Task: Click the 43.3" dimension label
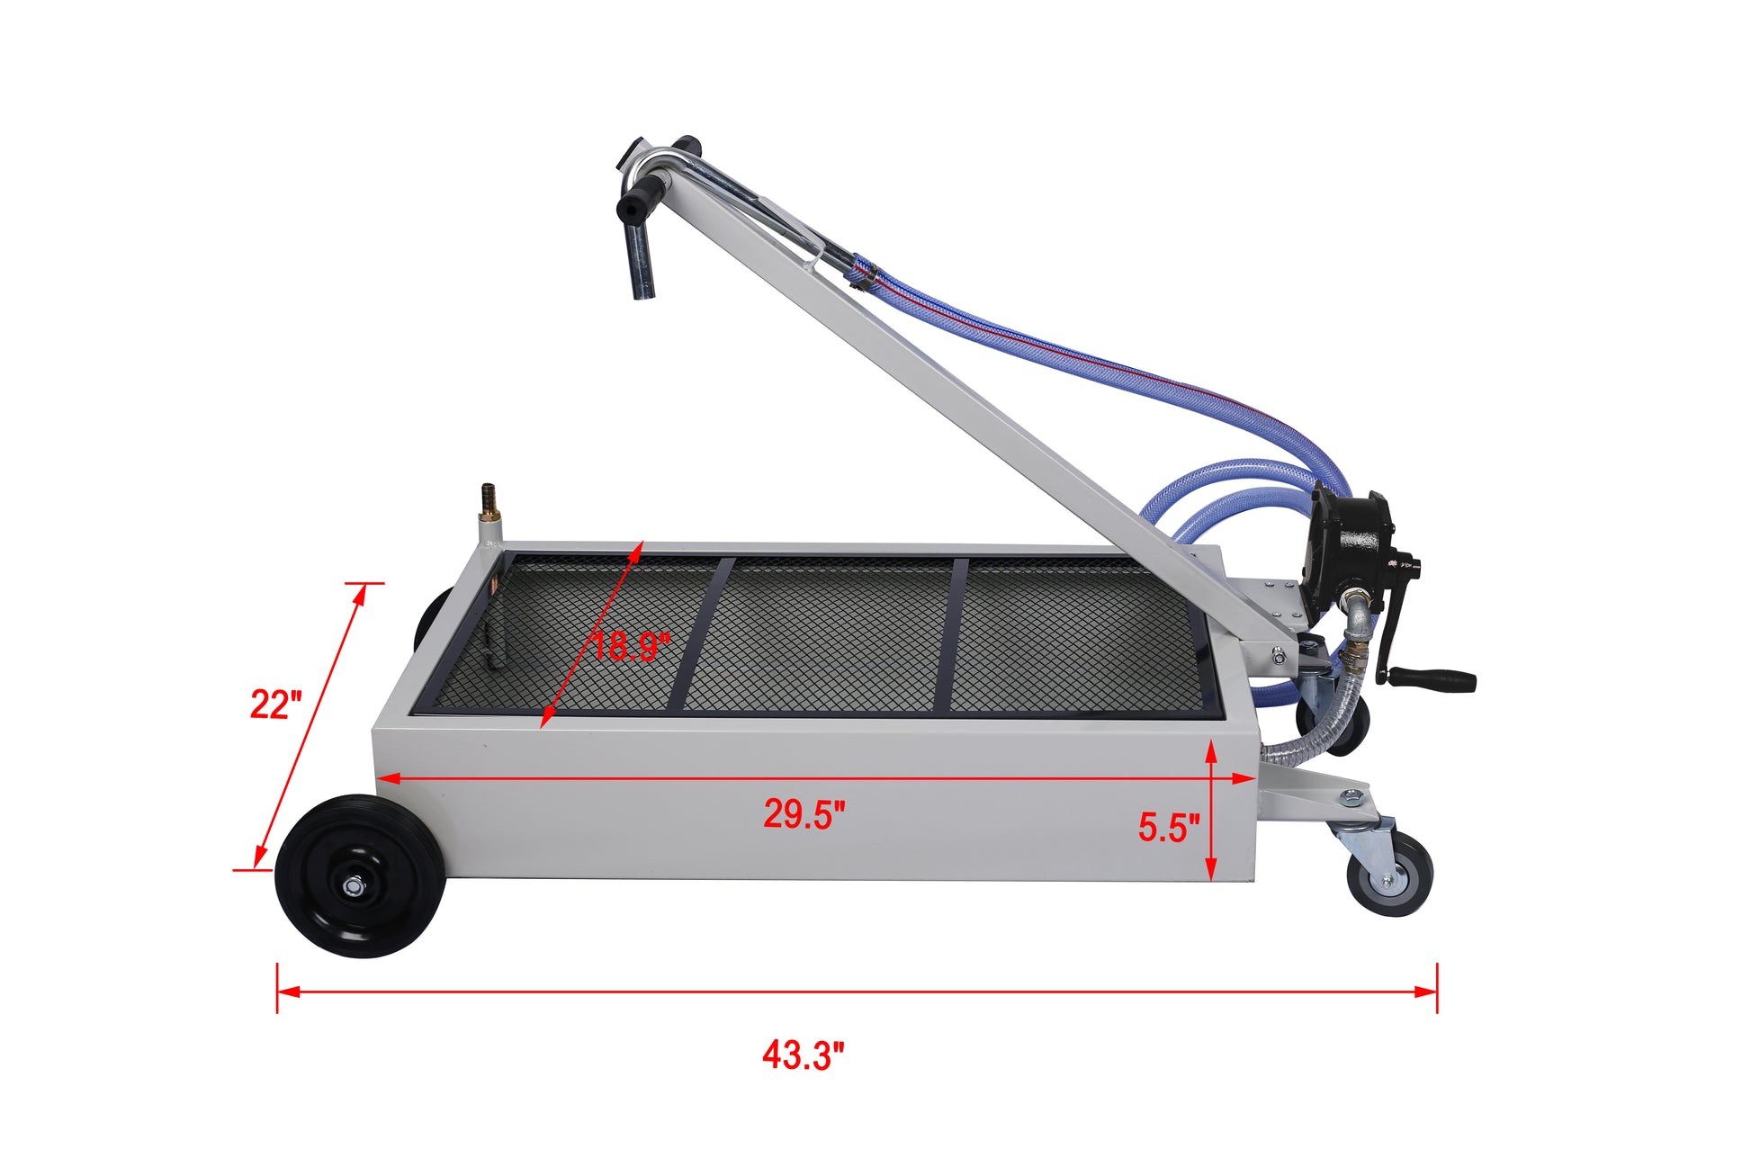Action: point(803,1055)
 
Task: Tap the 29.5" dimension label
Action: point(804,813)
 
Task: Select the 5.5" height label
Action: point(1168,827)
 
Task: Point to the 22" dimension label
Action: point(274,704)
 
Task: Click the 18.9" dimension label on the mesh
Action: point(631,646)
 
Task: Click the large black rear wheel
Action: point(360,875)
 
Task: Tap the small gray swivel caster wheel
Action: point(1389,874)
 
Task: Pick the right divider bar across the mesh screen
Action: point(949,634)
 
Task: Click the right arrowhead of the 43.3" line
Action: point(1427,992)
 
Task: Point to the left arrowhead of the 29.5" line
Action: point(387,778)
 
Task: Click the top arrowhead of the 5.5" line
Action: point(1211,750)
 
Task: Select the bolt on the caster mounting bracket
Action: point(1351,796)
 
